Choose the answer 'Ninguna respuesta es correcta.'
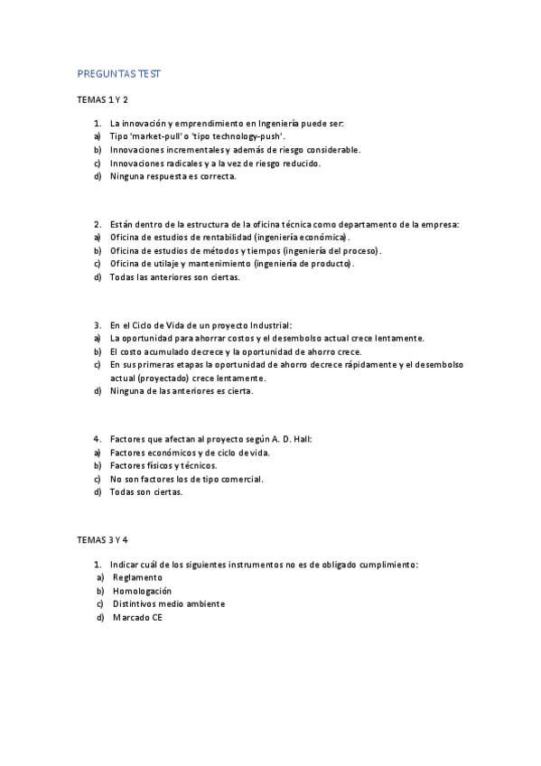pyautogui.click(x=173, y=176)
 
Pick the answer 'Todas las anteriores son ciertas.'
pyautogui.click(x=175, y=277)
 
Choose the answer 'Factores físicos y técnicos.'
pyautogui.click(x=163, y=465)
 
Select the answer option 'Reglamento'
pyautogui.click(x=137, y=577)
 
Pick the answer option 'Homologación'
pyautogui.click(x=142, y=590)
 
